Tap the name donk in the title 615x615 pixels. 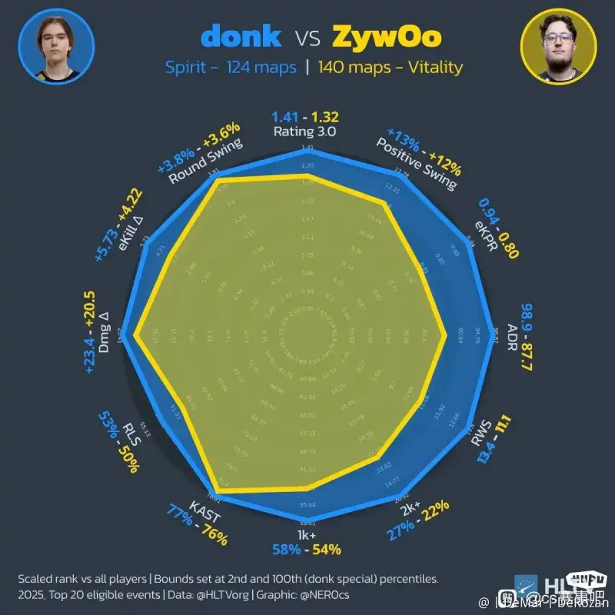pos(241,36)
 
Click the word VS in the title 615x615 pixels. pos(307,37)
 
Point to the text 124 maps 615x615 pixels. pos(261,68)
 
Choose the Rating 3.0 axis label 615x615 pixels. pos(305,131)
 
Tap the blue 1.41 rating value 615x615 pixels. pos(285,118)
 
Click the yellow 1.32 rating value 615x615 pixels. pos(324,118)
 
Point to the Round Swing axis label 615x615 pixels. pos(207,162)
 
